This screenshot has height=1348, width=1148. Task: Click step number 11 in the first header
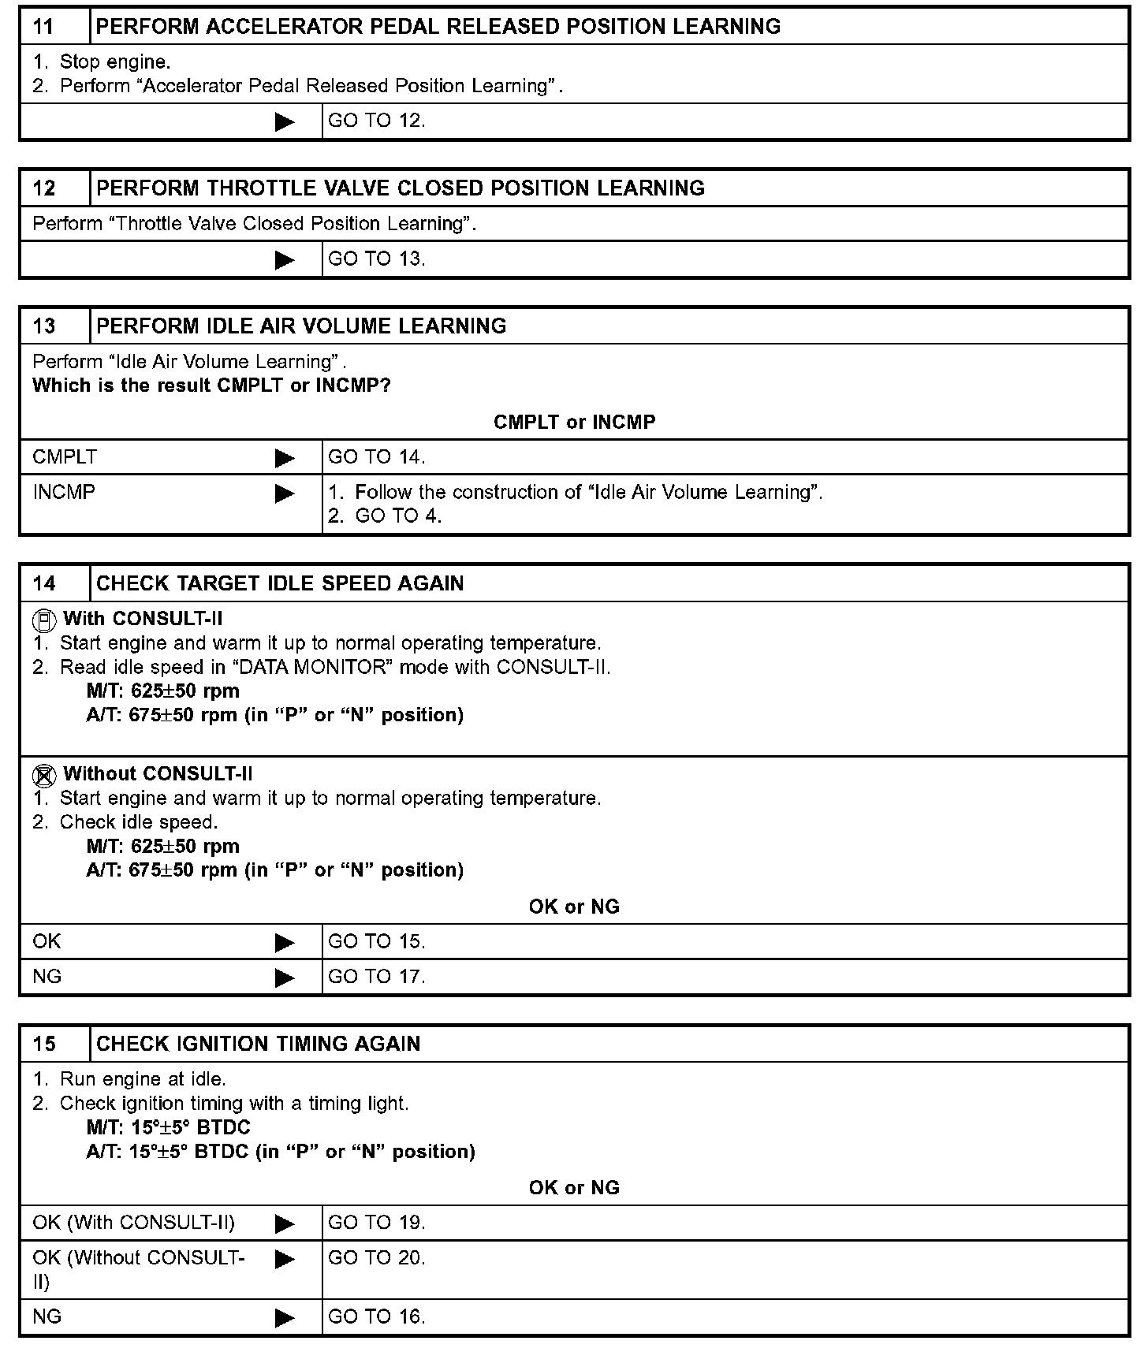43,27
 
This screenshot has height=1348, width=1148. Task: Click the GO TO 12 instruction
376,121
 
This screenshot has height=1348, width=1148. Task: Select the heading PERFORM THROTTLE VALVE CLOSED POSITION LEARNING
400,188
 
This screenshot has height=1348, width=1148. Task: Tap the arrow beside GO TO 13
284,260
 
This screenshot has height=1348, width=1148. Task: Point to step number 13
44,326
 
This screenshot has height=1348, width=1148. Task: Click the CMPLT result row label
65,457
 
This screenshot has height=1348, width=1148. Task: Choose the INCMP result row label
64,493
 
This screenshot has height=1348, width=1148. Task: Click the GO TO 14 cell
376,457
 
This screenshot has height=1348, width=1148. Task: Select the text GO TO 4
398,516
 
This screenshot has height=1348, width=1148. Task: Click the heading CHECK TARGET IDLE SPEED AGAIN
280,584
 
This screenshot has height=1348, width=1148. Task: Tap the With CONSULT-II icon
44,620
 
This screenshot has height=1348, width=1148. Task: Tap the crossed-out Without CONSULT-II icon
44,776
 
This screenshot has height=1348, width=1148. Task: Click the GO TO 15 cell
376,942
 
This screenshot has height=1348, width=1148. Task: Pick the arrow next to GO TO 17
284,978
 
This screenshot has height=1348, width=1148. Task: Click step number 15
44,1045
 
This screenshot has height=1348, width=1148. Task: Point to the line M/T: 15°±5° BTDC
169,1128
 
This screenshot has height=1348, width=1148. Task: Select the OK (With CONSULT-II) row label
134,1223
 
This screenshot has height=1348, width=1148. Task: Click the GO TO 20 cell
376,1258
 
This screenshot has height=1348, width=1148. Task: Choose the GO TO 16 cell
376,1317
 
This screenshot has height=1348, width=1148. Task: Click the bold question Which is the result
211,386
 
